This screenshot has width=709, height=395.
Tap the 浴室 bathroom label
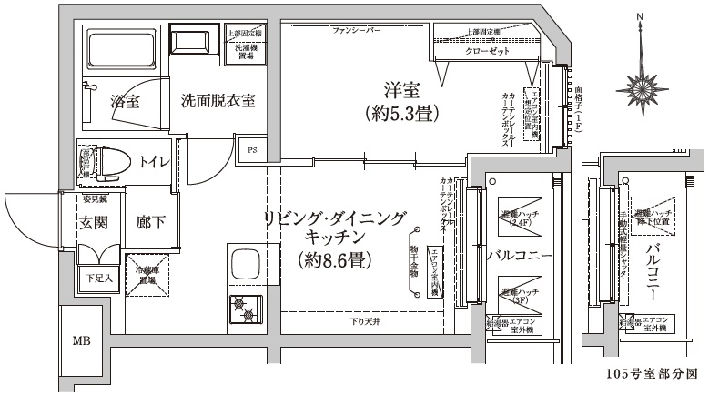point(125,100)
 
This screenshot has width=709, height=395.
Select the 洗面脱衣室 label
point(217,100)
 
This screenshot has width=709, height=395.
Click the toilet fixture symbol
point(111,160)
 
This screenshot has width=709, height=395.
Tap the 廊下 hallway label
point(150,222)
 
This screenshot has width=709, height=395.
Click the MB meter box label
point(83,342)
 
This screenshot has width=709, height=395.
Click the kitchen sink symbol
point(246,265)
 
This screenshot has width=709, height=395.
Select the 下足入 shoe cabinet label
point(98,278)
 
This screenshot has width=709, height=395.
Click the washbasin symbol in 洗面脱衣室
point(191,41)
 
